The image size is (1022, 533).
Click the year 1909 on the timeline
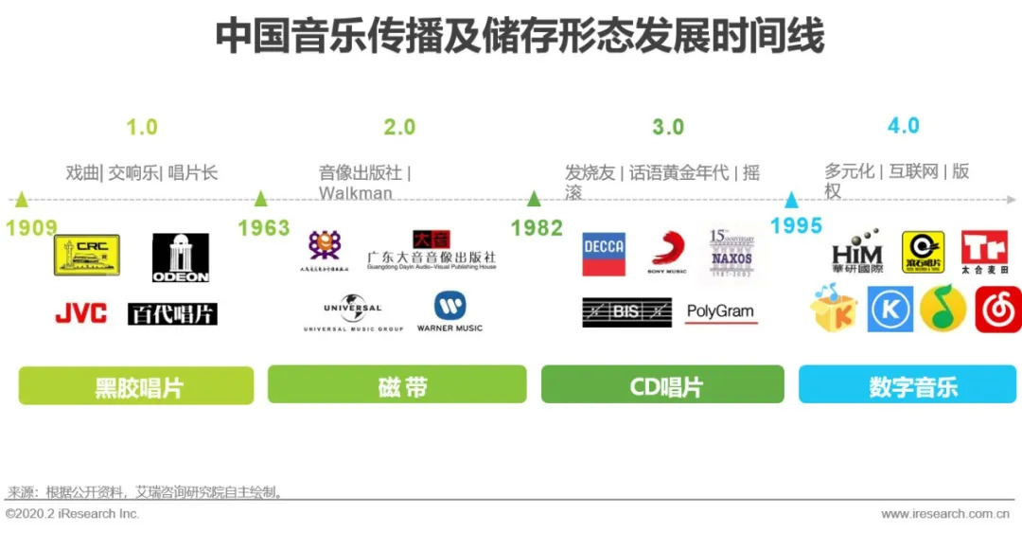[x=31, y=228]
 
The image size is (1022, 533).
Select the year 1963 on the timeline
[x=263, y=228]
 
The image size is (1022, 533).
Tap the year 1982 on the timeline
[x=537, y=228]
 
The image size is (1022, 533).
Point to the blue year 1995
[x=796, y=226]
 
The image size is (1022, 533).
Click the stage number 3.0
[x=668, y=128]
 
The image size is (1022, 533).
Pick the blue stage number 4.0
[x=903, y=126]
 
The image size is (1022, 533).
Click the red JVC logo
[x=81, y=313]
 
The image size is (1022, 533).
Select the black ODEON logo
[x=181, y=258]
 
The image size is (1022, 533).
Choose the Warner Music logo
[x=449, y=311]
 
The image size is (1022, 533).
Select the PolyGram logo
[x=720, y=311]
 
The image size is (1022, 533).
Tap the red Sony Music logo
[x=667, y=253]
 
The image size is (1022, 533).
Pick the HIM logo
[x=856, y=252]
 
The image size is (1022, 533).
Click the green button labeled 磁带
[x=396, y=384]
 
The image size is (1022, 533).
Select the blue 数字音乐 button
[x=907, y=384]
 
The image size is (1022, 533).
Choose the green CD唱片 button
[x=662, y=384]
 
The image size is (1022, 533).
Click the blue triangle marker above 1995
[x=791, y=200]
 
